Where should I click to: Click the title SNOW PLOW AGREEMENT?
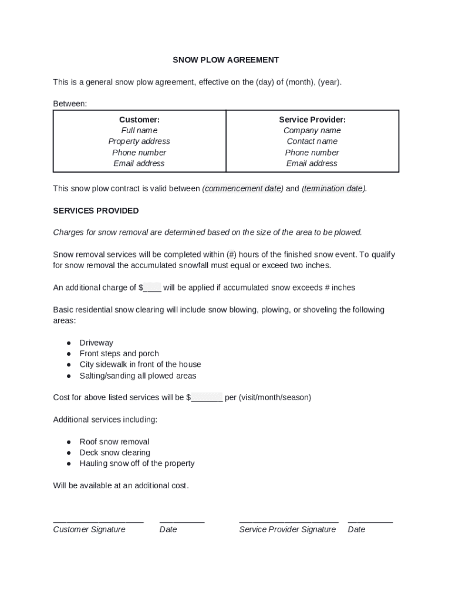(x=225, y=60)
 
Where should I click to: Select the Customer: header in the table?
(x=139, y=120)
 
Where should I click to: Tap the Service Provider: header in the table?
(x=312, y=120)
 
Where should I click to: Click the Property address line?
(x=139, y=141)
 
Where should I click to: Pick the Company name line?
(x=312, y=130)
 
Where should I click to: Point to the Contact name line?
(x=312, y=141)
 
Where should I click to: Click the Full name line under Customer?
(x=139, y=130)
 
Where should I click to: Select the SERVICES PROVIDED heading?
(x=96, y=211)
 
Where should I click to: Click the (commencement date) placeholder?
(x=242, y=188)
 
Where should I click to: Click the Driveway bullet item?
(x=96, y=343)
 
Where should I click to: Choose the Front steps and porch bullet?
(x=119, y=354)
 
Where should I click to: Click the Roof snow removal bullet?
(x=114, y=442)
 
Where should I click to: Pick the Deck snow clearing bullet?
(x=115, y=453)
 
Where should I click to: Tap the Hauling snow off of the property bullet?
(x=137, y=464)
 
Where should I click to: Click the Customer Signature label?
(x=89, y=529)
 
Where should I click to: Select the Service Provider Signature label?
(x=287, y=529)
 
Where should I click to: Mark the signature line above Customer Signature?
(x=98, y=521)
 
